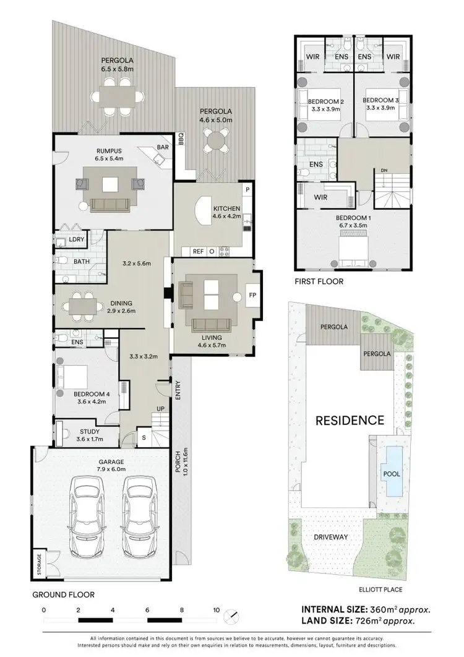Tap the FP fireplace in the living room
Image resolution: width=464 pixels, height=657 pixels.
tap(252, 295)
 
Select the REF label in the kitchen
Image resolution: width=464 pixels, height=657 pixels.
tap(198, 251)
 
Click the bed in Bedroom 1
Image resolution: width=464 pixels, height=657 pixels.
tap(353, 250)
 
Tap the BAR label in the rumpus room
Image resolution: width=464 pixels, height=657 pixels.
tap(163, 148)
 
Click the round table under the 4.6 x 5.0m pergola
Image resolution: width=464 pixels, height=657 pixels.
tap(216, 140)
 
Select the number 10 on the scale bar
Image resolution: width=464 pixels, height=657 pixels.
tap(216, 609)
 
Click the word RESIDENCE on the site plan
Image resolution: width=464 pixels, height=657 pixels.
tap(350, 421)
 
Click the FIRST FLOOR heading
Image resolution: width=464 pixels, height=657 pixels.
tap(319, 281)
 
